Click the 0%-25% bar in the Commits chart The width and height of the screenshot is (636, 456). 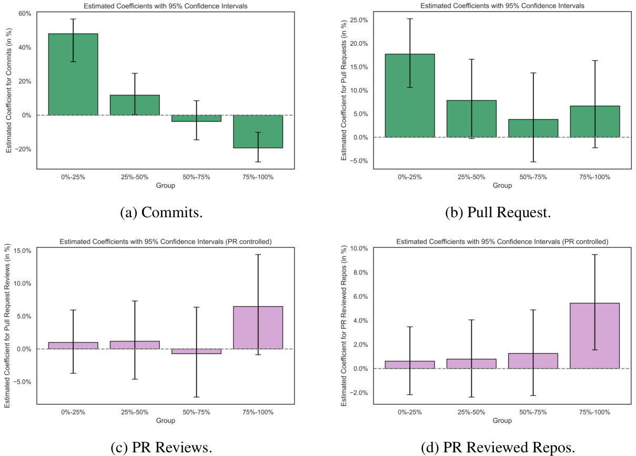(x=73, y=74)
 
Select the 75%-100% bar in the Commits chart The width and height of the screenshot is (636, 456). (x=258, y=131)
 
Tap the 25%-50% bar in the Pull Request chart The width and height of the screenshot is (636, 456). (x=471, y=119)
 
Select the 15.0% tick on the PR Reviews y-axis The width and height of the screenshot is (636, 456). (x=22, y=250)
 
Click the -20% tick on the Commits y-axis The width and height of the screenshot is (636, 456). (x=23, y=149)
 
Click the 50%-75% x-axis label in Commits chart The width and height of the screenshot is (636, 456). (x=197, y=177)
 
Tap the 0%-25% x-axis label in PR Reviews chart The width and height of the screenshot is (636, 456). (x=73, y=412)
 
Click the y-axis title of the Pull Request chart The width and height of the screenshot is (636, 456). (x=344, y=90)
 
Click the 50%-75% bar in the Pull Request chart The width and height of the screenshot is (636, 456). (x=533, y=128)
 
